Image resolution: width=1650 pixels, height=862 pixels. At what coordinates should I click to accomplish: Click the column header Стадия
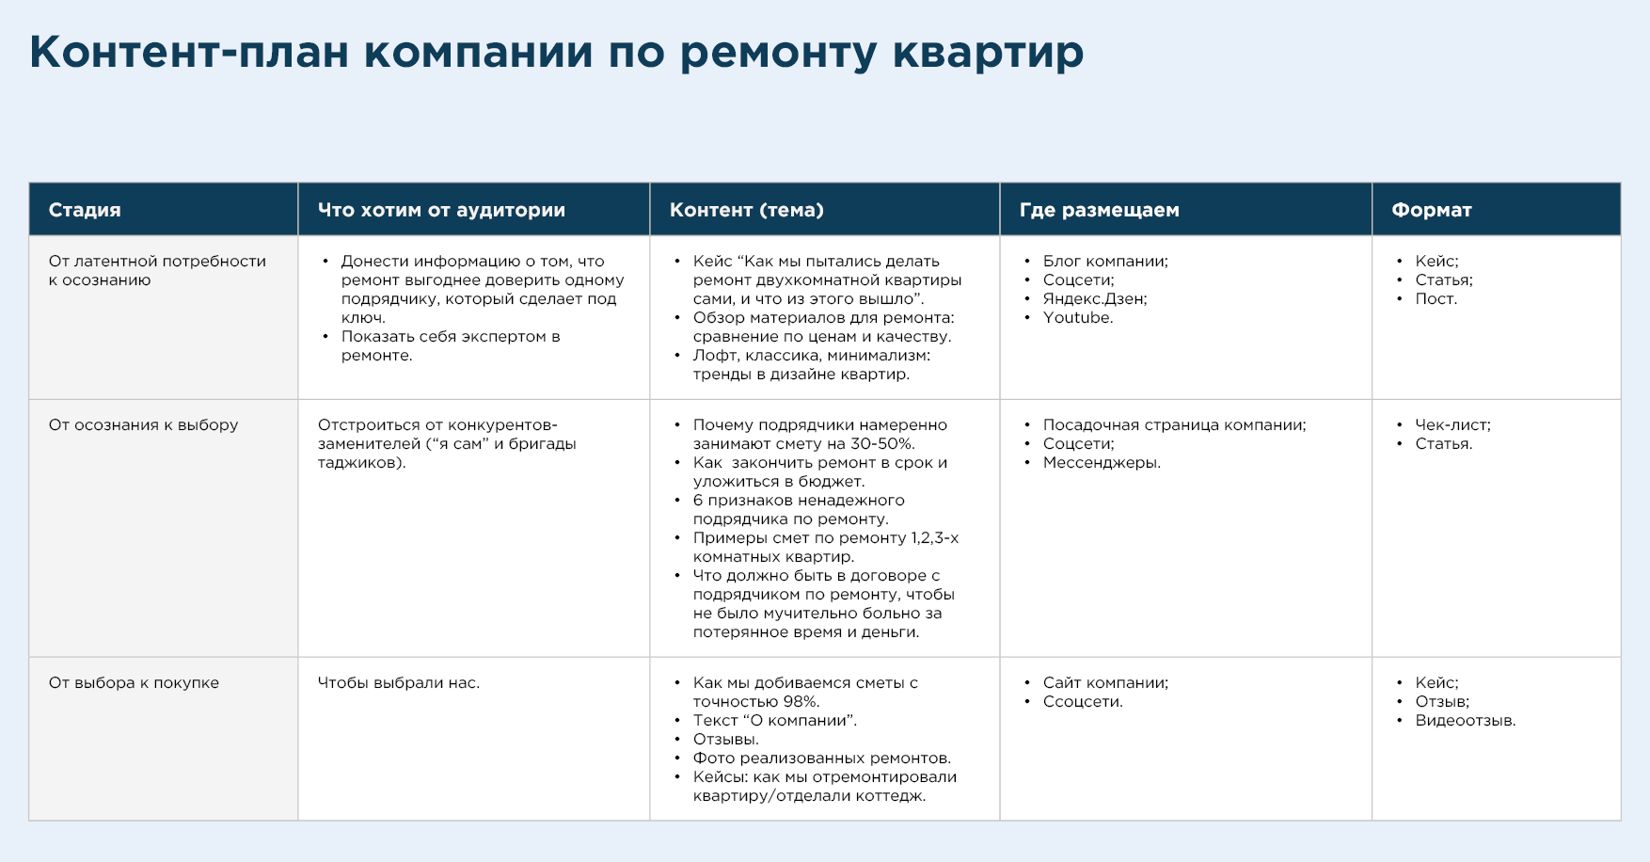coord(85,210)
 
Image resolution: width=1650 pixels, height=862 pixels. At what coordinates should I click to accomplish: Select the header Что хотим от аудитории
coord(441,210)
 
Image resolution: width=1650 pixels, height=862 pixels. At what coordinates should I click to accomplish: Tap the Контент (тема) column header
coord(747,210)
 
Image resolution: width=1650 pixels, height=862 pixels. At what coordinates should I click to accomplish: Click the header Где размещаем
coord(1099,210)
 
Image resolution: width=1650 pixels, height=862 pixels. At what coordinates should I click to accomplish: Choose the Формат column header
coord(1432,210)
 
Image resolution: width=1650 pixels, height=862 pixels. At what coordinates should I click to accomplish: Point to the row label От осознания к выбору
coord(143,425)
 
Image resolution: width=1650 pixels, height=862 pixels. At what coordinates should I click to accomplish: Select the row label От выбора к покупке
coord(134,683)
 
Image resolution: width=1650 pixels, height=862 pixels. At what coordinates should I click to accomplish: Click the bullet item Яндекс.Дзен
coord(1095,299)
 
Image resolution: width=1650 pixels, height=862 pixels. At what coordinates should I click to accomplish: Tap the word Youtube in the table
coord(1076,318)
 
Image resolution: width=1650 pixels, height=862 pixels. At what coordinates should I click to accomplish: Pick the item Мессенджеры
coord(1102,463)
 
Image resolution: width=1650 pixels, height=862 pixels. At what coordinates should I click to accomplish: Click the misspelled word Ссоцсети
coord(1082,702)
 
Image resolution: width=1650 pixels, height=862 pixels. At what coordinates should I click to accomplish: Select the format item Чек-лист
coord(1452,425)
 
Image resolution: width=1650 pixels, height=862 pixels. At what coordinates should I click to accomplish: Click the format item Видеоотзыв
coord(1465,721)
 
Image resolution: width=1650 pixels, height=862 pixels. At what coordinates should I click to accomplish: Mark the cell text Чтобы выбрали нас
coord(399,683)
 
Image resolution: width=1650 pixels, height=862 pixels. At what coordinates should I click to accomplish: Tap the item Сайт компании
coord(1105,683)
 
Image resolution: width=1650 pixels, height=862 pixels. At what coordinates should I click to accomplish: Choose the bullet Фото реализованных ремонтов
coord(821,758)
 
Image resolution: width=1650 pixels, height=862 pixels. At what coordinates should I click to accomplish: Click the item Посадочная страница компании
coord(1174,425)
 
